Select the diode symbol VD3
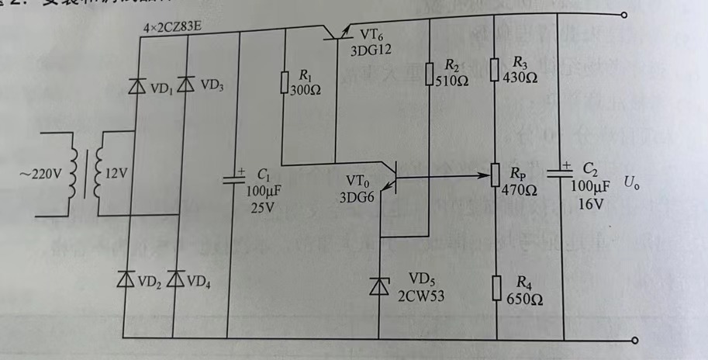point(185,85)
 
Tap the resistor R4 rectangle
point(496,289)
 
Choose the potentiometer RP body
point(496,178)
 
